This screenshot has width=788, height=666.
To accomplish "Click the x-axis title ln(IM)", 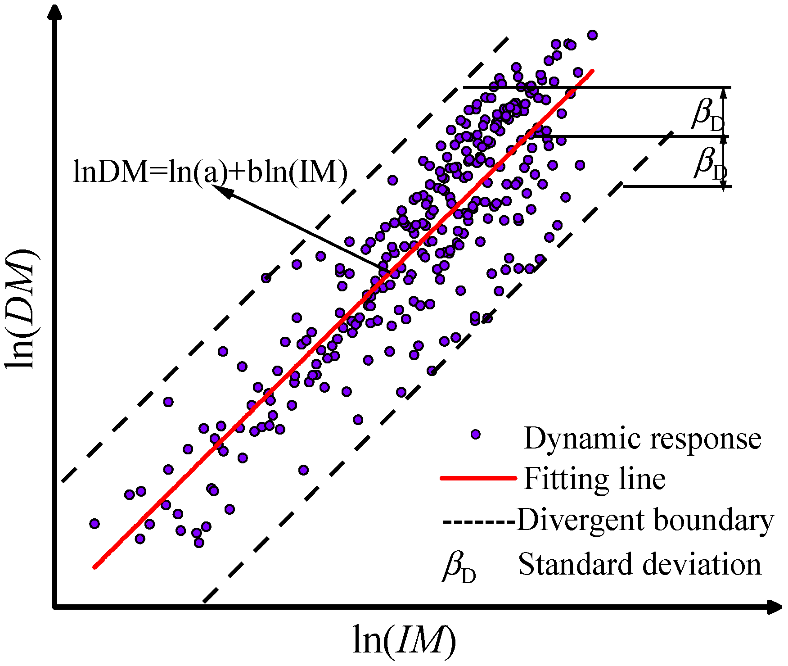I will pos(404,640).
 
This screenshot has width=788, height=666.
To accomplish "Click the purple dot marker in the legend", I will pos(475,435).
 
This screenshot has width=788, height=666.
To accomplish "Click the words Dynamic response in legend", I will pos(642,438).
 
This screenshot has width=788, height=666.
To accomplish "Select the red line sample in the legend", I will pos(478,478).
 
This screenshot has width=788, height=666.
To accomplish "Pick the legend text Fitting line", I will pos(594,479).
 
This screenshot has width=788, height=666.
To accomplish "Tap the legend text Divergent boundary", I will pos(645,520).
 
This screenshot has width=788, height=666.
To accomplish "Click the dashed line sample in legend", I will pos(479,521).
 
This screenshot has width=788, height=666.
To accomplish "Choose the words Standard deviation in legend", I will pos(639,564).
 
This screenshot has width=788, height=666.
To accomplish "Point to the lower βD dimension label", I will pos(709,163).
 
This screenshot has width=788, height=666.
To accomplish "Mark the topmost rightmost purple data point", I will pos(592,35).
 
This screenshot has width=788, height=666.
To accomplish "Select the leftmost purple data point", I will pos(94,523).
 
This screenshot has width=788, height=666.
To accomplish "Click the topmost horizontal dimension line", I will pos(597,87).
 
